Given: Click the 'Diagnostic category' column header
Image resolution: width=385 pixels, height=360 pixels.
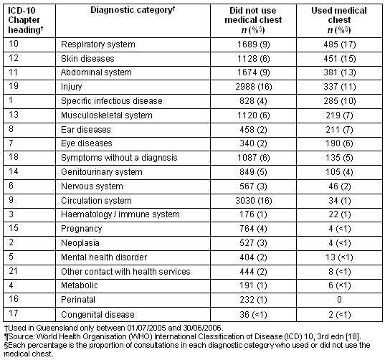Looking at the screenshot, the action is click(133, 10).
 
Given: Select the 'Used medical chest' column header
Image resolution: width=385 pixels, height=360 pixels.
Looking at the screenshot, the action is click(339, 20).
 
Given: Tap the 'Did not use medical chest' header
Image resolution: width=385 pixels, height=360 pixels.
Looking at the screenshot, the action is click(253, 20).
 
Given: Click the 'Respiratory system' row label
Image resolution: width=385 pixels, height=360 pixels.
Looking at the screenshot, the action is click(98, 44).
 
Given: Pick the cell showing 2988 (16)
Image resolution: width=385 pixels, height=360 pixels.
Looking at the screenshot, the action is click(254, 87).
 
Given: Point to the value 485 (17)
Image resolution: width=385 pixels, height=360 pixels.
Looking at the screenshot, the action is click(340, 44).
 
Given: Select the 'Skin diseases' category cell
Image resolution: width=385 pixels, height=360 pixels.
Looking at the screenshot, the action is click(87, 59).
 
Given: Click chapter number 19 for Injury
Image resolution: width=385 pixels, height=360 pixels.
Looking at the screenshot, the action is click(14, 86).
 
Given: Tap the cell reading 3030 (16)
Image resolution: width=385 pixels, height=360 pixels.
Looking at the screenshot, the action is click(254, 201).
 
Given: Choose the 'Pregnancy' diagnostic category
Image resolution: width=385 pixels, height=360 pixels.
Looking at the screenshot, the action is click(81, 229).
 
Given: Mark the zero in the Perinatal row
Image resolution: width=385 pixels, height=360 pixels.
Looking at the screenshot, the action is click(339, 300).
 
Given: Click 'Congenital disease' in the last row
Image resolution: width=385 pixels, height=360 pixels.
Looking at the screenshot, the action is click(98, 315).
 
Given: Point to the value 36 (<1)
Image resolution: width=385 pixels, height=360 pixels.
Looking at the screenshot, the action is click(253, 315).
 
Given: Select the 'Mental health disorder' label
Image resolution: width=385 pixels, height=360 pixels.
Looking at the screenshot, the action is click(104, 257).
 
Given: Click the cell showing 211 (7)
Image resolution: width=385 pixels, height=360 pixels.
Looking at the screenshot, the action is click(339, 129).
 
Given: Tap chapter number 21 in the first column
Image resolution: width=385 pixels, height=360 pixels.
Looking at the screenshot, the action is click(13, 271).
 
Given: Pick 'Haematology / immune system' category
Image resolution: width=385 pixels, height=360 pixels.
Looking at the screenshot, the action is click(120, 214).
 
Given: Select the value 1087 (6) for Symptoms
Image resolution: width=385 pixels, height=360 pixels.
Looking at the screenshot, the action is click(254, 158).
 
